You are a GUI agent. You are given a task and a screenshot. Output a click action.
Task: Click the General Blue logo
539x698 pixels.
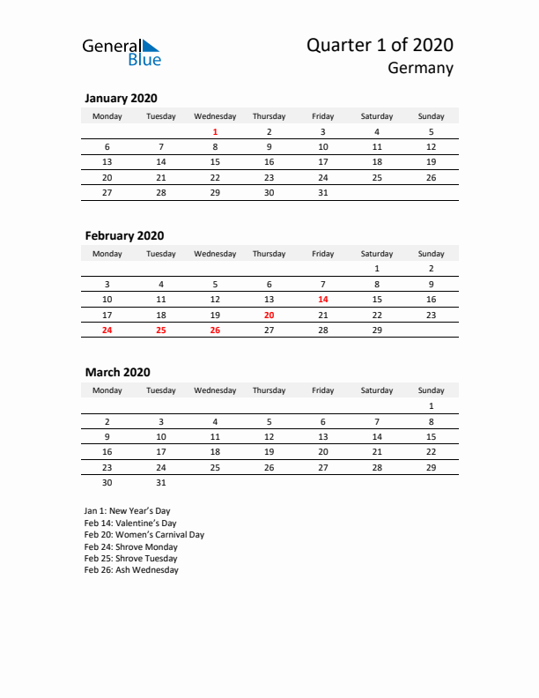tap(122, 52)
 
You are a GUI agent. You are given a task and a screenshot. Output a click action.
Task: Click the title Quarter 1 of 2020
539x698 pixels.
tap(380, 45)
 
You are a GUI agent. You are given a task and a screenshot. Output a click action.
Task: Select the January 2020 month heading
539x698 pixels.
tap(121, 99)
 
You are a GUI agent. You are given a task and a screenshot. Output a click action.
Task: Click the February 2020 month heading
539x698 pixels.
tap(124, 235)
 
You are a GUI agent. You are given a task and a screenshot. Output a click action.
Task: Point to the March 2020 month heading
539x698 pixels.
tap(117, 373)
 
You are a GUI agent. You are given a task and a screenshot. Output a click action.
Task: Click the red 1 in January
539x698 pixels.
tap(215, 131)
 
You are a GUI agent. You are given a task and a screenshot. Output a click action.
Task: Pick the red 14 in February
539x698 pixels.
tap(322, 299)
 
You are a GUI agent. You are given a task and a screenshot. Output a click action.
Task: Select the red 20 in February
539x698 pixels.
tap(269, 315)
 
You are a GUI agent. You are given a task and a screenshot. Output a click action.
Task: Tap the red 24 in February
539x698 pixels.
tap(107, 330)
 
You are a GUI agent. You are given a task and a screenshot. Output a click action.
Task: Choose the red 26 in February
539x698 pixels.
tap(215, 330)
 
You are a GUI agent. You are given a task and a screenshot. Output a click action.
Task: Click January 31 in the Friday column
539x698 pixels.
tap(322, 192)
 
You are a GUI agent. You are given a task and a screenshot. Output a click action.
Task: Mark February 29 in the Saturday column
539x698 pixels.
tap(377, 330)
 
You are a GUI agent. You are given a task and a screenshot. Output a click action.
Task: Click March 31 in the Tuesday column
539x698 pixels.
tap(161, 482)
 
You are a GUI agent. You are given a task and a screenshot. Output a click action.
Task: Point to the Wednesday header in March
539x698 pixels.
tap(215, 390)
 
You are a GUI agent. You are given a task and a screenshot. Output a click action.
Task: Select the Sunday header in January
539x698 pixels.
tap(431, 116)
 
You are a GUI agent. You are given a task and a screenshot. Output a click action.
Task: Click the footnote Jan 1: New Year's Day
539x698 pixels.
tap(127, 510)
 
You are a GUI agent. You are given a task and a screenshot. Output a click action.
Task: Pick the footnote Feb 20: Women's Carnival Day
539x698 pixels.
tap(144, 534)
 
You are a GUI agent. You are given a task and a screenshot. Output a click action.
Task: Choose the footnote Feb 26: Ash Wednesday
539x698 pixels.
tap(131, 570)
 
